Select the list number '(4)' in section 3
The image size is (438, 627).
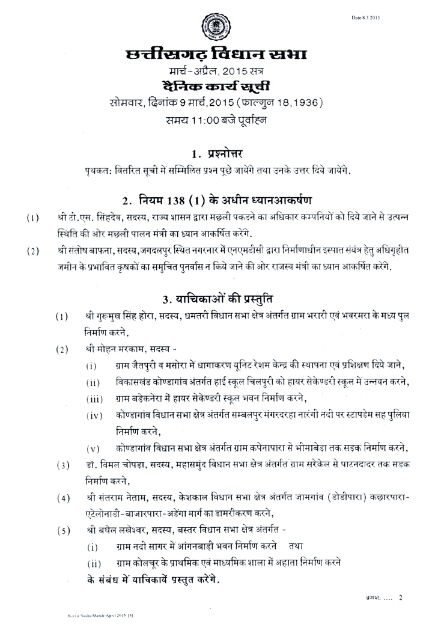pyautogui.click(x=61, y=498)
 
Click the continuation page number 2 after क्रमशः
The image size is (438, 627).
pyautogui.click(x=400, y=598)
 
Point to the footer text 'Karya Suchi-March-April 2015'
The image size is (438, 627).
pyautogui.click(x=85, y=617)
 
